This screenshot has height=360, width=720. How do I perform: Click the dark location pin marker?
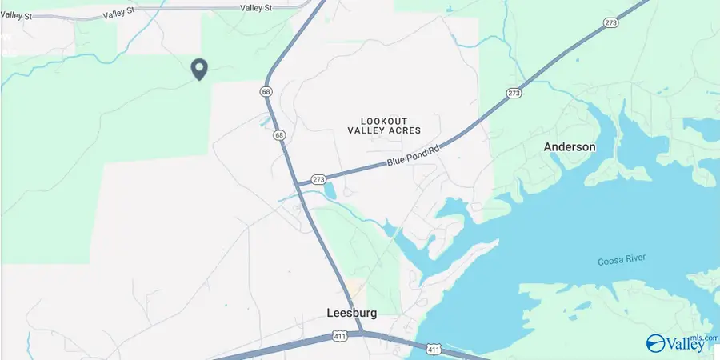(x=199, y=70)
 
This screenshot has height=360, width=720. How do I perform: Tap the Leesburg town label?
(x=351, y=313)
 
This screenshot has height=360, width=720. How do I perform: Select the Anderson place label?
(x=570, y=147)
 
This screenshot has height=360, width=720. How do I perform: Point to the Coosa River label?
(x=622, y=261)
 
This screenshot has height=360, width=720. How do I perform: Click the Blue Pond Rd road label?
(x=414, y=151)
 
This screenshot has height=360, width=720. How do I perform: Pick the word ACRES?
(x=405, y=130)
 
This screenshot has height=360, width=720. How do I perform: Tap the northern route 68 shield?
(x=266, y=92)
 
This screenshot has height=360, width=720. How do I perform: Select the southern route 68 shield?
(x=278, y=135)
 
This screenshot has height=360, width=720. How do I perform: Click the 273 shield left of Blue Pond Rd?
(x=318, y=179)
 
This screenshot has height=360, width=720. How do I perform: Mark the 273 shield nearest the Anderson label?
(x=514, y=94)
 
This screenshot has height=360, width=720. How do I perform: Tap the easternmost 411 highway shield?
(x=433, y=350)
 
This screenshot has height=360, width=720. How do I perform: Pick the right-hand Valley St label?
(x=257, y=7)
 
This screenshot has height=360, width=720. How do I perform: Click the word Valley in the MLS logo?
(x=686, y=345)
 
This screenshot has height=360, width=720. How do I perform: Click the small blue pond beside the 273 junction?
(x=330, y=191)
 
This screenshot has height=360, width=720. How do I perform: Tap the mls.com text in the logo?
(x=708, y=338)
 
